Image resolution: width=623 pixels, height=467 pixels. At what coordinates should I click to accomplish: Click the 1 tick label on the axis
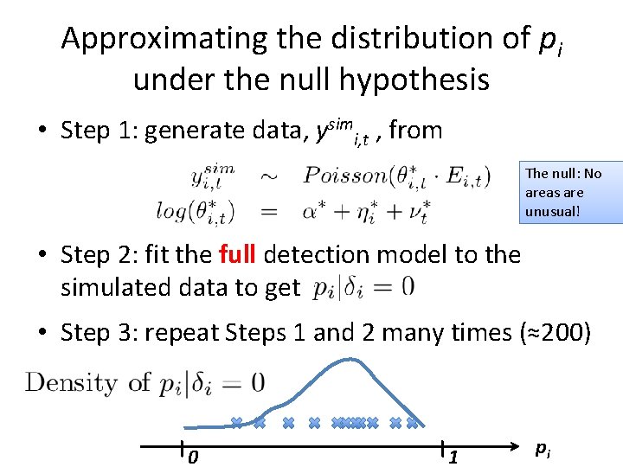tap(452, 457)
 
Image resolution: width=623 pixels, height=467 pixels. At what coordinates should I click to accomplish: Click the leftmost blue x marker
tap(236, 423)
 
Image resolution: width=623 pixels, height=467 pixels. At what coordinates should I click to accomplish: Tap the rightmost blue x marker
tap(413, 423)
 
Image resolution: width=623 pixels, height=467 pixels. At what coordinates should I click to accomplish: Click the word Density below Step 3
tap(71, 381)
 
